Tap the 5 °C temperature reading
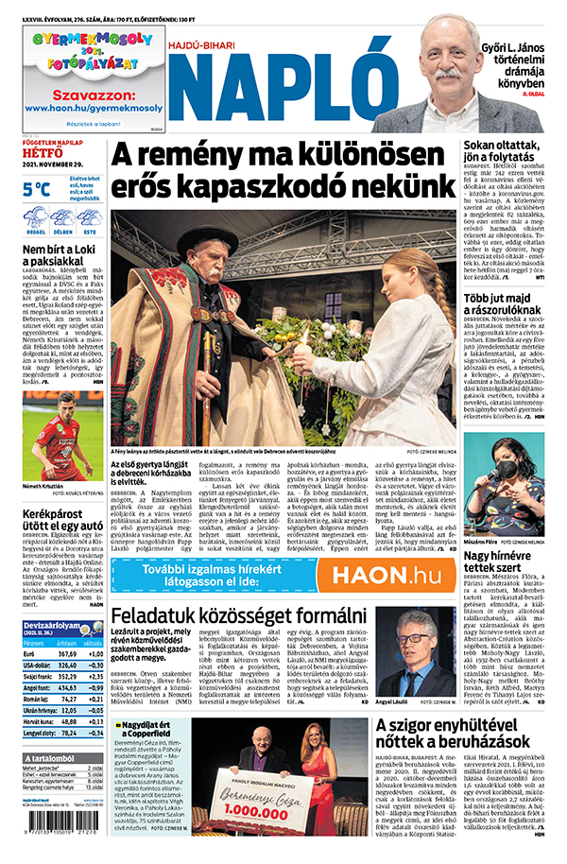tap(37, 188)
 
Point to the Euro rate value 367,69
tap(67, 651)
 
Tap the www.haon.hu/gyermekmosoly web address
tap(94, 108)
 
